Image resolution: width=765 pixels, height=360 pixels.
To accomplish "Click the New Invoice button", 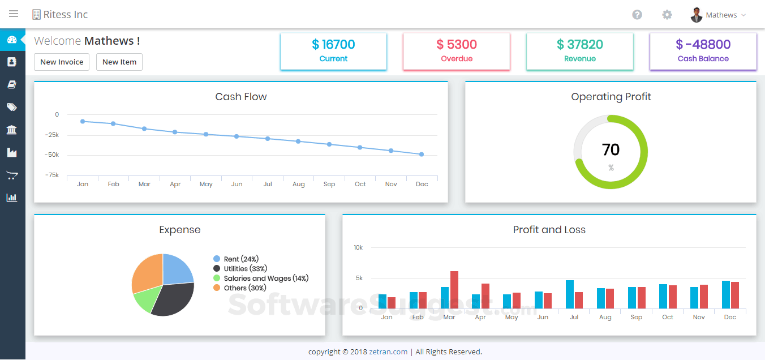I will point(62,62).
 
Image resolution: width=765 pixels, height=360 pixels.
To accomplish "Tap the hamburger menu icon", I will point(14,14).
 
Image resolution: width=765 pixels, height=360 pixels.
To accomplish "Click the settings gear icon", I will point(667,15).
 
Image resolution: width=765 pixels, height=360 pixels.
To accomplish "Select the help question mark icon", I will point(637,15).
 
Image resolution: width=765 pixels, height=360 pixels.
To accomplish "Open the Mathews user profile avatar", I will point(697,15).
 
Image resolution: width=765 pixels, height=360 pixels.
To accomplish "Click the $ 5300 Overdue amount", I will point(457,44).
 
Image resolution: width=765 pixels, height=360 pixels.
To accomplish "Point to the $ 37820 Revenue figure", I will point(580,44).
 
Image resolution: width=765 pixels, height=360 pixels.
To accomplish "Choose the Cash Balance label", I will point(703,58).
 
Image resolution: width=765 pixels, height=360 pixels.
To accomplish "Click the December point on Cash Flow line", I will point(422,154).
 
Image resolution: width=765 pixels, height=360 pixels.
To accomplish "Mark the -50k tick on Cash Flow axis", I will point(51,155).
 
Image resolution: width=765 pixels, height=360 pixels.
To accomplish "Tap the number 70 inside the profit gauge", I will point(611,149).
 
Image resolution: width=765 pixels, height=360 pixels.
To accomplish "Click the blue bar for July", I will point(570,294).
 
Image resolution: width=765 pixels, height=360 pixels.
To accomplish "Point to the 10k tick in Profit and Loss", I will point(358,247).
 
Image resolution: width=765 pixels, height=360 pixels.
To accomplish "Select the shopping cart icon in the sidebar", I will point(12,175).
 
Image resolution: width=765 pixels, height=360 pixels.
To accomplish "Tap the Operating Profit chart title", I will point(611,97).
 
